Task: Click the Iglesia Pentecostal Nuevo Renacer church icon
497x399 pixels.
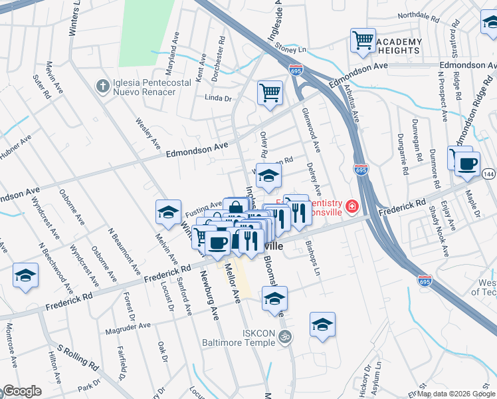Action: tap(102, 86)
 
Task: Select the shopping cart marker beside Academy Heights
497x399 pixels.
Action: tap(363, 41)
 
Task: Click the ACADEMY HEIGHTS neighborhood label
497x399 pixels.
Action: tap(398, 46)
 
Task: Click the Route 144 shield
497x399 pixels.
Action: tap(488, 174)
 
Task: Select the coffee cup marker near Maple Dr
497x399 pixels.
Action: tap(467, 164)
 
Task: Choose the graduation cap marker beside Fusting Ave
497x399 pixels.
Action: tap(169, 212)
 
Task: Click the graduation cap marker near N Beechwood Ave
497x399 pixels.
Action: tap(26, 275)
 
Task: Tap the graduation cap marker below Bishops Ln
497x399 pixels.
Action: tap(322, 325)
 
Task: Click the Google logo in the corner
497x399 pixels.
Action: tap(22, 391)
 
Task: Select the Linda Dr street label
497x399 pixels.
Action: tap(218, 98)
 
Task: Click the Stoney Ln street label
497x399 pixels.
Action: tap(293, 49)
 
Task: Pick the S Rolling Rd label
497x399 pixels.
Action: tap(78, 356)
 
